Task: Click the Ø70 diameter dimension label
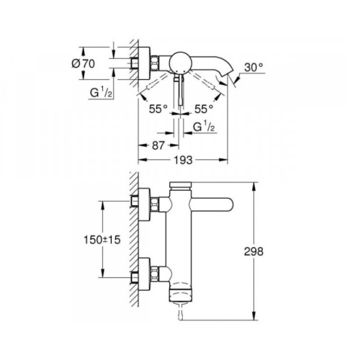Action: pyautogui.click(x=84, y=63)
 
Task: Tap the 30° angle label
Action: pyautogui.click(x=254, y=68)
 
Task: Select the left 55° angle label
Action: pyautogui.click(x=158, y=109)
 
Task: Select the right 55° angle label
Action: pyautogui.click(x=204, y=109)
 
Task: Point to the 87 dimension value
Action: pyautogui.click(x=158, y=145)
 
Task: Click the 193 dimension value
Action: pyautogui.click(x=183, y=160)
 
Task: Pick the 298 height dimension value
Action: pyautogui.click(x=253, y=251)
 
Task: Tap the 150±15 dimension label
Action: pyautogui.click(x=102, y=240)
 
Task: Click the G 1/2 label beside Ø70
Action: pyautogui.click(x=101, y=92)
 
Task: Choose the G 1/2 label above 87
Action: pyautogui.click(x=204, y=127)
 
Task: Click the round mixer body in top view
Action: pyautogui.click(x=181, y=63)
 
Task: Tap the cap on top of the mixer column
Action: pyautogui.click(x=180, y=186)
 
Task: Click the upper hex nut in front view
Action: pyautogui.click(x=155, y=204)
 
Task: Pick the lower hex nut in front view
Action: pyautogui.click(x=155, y=273)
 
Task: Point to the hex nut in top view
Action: pyautogui.click(x=155, y=63)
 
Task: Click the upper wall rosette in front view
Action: pyautogui.click(x=144, y=204)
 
